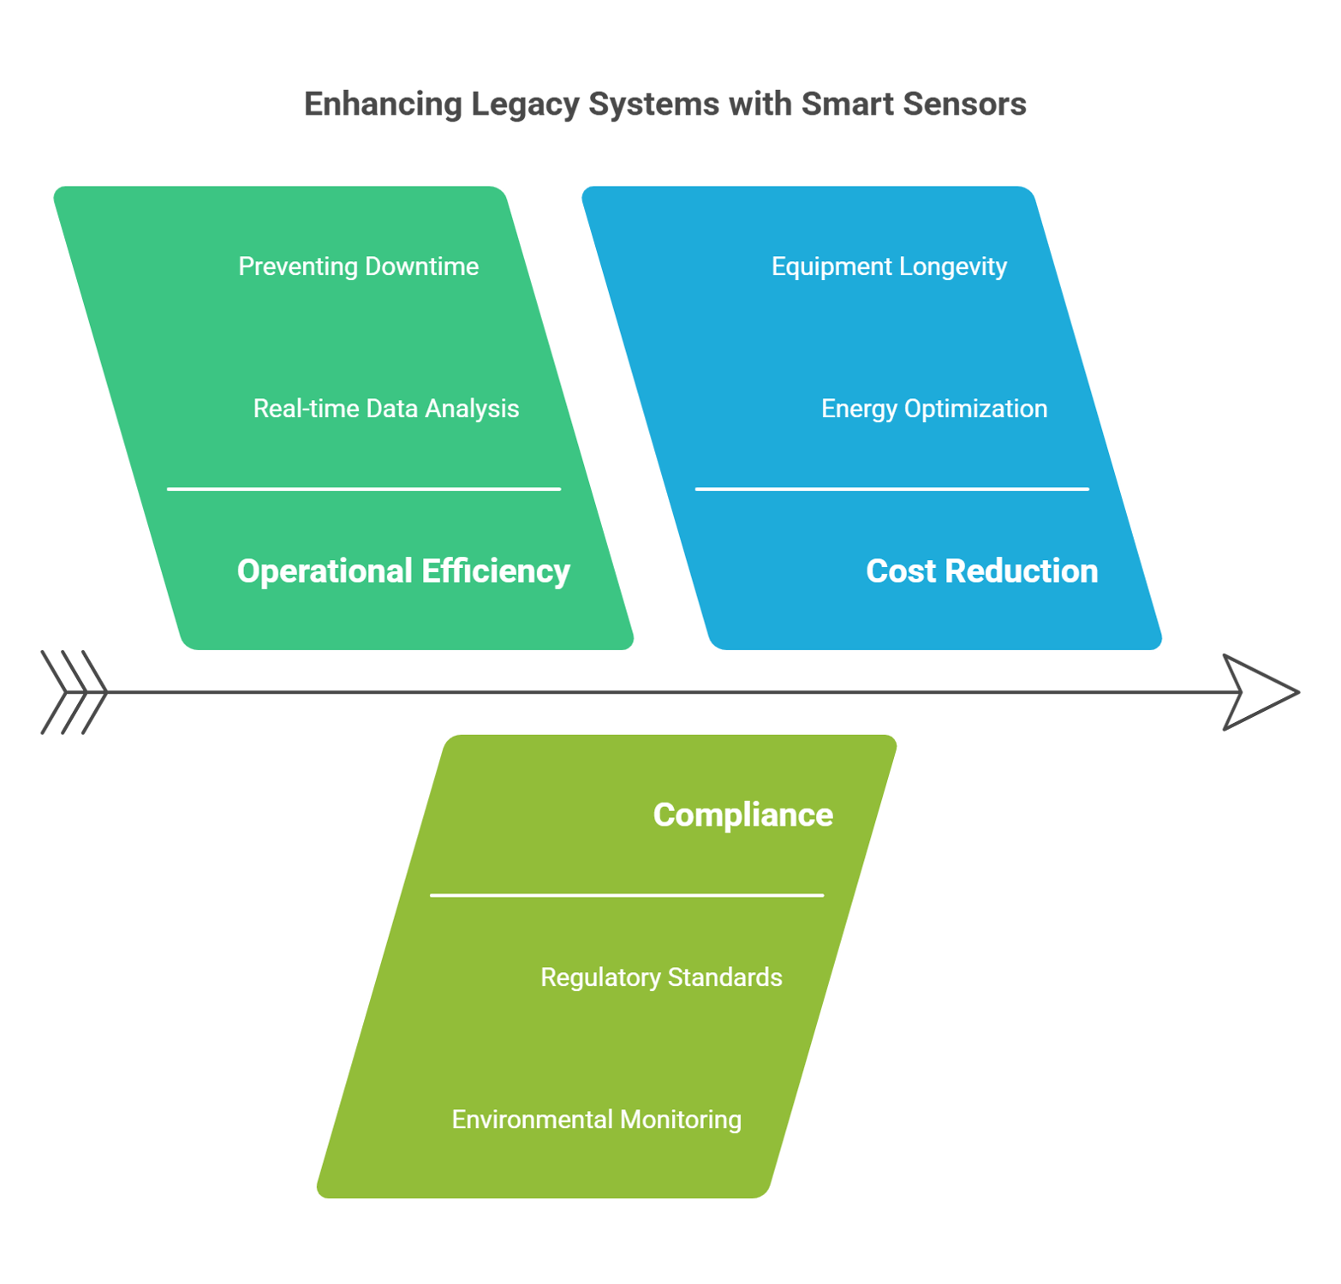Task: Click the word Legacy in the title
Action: click(524, 105)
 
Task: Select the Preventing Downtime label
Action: click(358, 266)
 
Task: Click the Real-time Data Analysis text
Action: click(385, 409)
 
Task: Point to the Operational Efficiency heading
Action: click(403, 571)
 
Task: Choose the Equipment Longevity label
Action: click(889, 266)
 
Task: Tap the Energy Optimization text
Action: click(934, 409)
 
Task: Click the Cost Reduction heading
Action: click(981, 571)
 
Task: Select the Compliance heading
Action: click(742, 815)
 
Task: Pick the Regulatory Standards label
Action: click(661, 977)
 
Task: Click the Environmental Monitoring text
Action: click(596, 1120)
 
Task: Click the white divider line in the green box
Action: click(364, 489)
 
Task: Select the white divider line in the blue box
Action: click(891, 489)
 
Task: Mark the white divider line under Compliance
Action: click(626, 895)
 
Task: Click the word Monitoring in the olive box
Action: click(680, 1120)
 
